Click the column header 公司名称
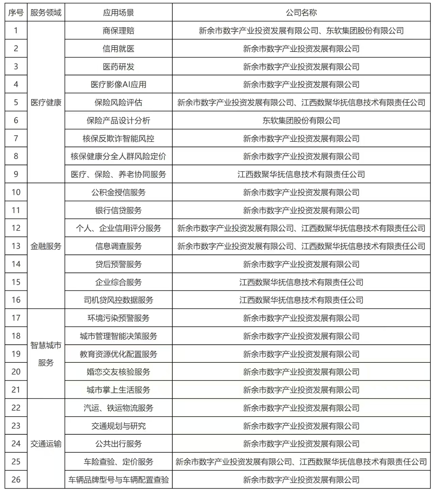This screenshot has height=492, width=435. [x=301, y=13]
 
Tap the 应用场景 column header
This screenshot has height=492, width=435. [x=118, y=13]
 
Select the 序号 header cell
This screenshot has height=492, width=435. [x=16, y=13]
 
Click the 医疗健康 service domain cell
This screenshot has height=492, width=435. [x=46, y=102]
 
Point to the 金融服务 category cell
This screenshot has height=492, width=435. [x=46, y=246]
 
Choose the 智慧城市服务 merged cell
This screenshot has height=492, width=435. [x=46, y=354]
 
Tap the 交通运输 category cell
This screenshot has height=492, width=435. [x=46, y=444]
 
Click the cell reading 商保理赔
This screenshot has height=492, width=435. [x=118, y=31]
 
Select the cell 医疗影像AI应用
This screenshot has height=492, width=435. [x=118, y=84]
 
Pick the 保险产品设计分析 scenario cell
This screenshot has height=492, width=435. [x=118, y=120]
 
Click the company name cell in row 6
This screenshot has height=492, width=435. [x=301, y=120]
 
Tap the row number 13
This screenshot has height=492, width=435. [x=16, y=246]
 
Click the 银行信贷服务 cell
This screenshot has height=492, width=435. [x=118, y=210]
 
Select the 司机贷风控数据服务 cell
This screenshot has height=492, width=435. [x=118, y=300]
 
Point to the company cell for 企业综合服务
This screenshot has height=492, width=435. [x=301, y=282]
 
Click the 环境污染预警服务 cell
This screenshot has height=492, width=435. [x=118, y=318]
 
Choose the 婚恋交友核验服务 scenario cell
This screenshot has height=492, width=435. [x=118, y=372]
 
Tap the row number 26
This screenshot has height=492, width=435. [x=16, y=479]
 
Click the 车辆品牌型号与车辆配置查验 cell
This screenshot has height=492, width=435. [x=118, y=479]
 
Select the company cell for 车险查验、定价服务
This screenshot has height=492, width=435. [x=301, y=461]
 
